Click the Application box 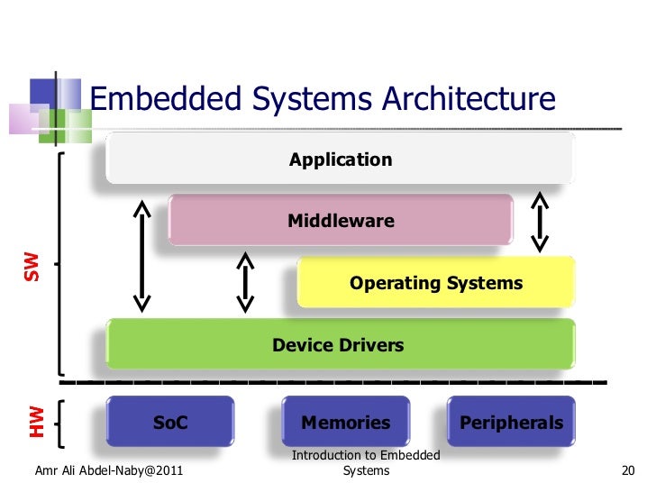click(341, 159)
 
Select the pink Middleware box click(341, 220)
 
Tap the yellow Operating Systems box click(436, 283)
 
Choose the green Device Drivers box click(341, 344)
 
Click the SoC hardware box click(170, 422)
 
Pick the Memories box click(346, 422)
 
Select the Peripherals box click(511, 422)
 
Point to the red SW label click(32, 265)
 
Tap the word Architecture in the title click(467, 98)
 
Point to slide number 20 click(629, 470)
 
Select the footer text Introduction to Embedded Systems click(366, 463)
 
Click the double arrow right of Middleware click(540, 221)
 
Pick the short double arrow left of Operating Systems click(244, 283)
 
